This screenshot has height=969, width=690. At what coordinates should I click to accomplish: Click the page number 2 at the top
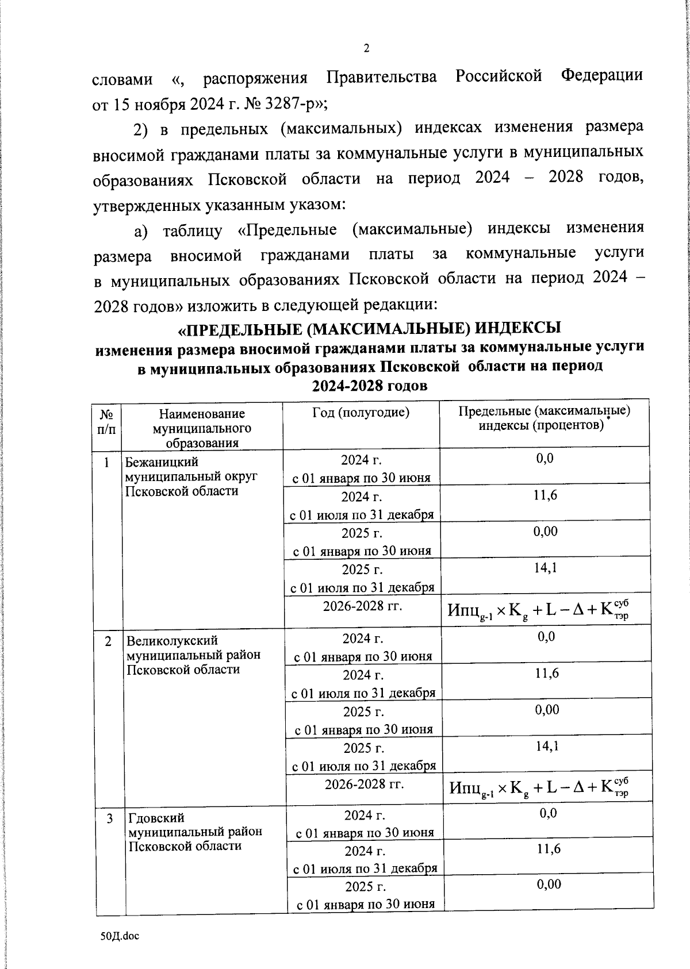click(366, 48)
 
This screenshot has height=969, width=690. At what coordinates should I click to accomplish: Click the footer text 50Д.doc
click(120, 936)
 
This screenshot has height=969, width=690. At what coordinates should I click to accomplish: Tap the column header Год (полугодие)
click(361, 412)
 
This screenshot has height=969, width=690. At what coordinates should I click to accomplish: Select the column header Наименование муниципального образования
click(202, 428)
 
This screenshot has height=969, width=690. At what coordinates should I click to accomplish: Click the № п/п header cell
click(106, 421)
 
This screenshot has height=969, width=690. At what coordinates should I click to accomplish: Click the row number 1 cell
click(107, 462)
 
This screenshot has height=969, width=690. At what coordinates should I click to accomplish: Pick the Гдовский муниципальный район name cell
click(194, 831)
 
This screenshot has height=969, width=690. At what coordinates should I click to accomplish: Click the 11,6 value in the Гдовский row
click(549, 849)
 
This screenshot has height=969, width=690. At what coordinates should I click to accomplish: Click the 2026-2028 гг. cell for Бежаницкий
click(362, 605)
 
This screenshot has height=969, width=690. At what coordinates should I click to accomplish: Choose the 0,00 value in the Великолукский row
click(547, 710)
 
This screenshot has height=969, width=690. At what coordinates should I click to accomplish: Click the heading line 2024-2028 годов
click(369, 386)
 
